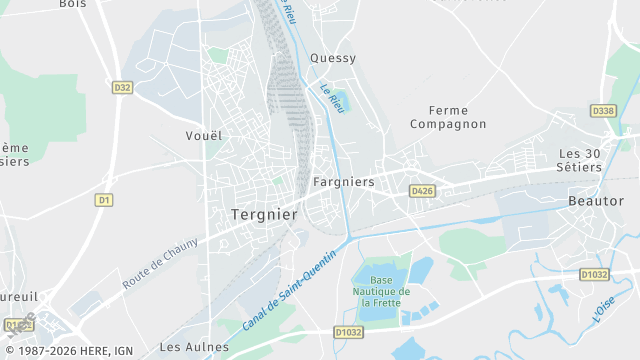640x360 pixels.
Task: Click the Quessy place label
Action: (x=333, y=58)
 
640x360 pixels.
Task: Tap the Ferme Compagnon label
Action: (x=448, y=117)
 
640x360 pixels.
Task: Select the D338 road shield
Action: (x=603, y=111)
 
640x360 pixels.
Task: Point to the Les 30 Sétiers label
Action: (x=580, y=160)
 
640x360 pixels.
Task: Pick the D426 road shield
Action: (x=421, y=190)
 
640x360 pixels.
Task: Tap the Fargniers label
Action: (x=343, y=182)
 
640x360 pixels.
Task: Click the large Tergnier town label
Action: (x=264, y=215)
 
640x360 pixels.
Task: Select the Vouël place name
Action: (x=204, y=135)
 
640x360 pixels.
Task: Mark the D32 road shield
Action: (x=122, y=88)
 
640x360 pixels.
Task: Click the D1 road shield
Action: (x=103, y=200)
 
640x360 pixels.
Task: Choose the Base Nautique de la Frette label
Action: (x=380, y=291)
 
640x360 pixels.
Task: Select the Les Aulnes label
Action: (x=194, y=347)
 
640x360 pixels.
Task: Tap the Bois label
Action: (x=73, y=4)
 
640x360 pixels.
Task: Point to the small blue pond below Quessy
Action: (x=337, y=100)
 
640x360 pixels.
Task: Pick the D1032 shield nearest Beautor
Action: (x=593, y=273)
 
